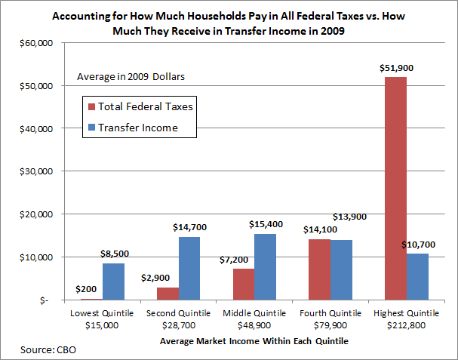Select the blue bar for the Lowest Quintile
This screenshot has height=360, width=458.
113,281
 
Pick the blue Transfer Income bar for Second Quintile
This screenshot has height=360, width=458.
189,268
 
